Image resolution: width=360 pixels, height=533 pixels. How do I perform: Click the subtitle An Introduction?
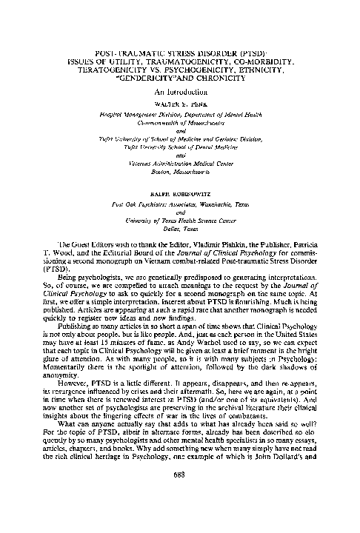[x=180, y=91]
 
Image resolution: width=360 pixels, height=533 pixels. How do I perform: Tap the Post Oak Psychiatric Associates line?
[x=180, y=203]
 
